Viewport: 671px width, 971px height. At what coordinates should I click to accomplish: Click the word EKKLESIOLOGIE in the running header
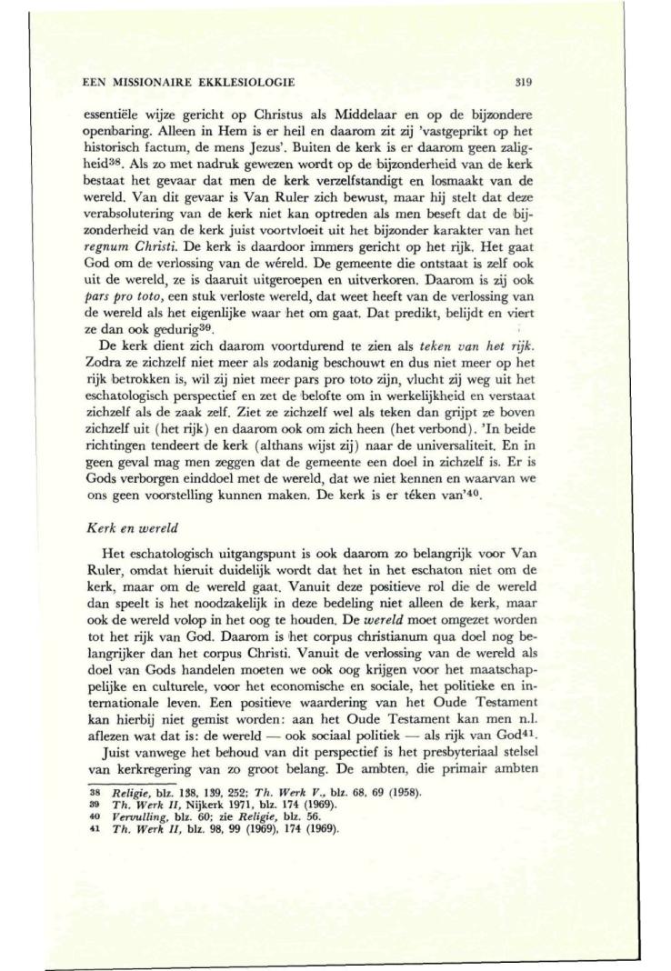(247, 83)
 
